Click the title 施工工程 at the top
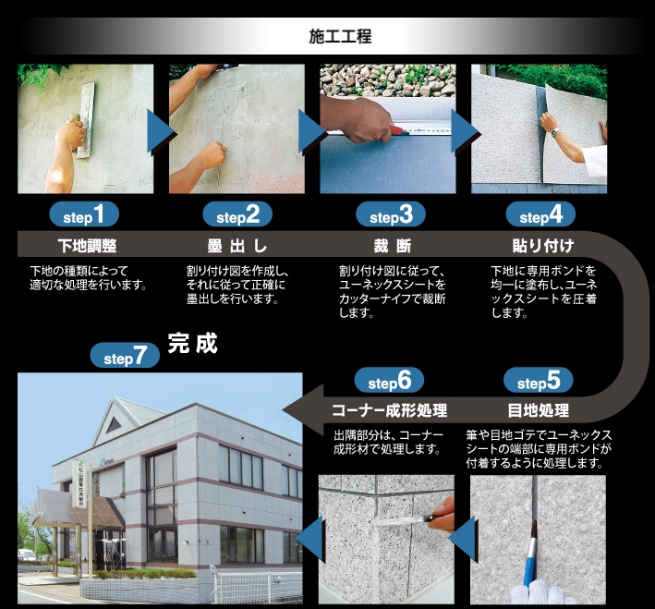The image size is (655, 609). tap(340, 36)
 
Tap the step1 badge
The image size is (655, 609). tap(84, 214)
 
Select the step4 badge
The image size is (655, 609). tap(540, 214)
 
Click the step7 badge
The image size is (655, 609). tap(125, 355)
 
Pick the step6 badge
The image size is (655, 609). tap(389, 381)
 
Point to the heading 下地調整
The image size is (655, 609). tap(88, 246)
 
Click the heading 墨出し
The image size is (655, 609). tap(237, 246)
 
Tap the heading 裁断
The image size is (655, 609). tap(393, 246)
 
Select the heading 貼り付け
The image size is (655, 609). tap(543, 246)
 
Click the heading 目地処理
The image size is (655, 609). tap(539, 410)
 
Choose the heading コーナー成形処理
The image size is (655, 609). tap(390, 410)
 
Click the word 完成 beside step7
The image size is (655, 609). tap(192, 344)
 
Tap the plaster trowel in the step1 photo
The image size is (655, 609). tap(86, 120)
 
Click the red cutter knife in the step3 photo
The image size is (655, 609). tap(397, 129)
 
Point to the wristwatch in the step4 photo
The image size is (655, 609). tap(554, 133)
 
